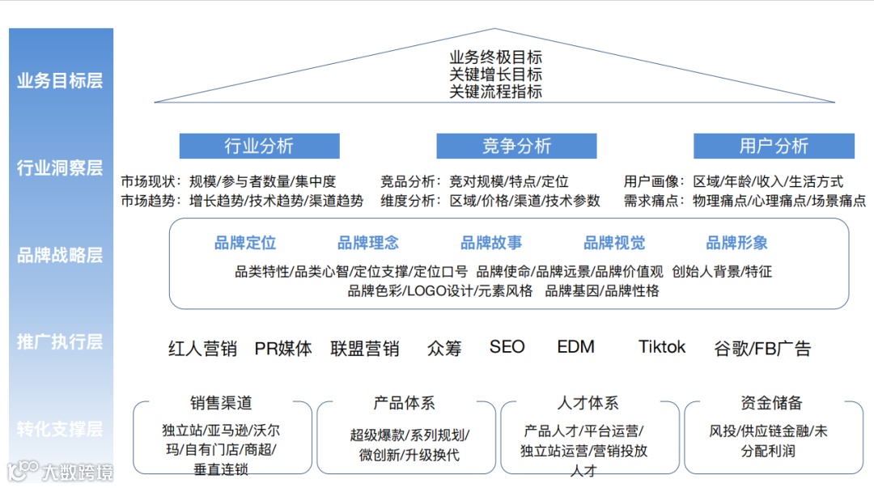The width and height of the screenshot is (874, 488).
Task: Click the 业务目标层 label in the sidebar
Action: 60,81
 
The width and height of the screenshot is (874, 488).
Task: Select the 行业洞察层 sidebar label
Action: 60,168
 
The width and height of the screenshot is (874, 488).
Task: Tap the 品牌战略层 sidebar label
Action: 60,256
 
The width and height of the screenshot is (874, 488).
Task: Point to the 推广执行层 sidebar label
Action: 60,342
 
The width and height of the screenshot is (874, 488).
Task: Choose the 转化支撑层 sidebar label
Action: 60,429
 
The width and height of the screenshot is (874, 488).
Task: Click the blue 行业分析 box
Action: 259,146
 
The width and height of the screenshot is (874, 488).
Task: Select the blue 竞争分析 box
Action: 516,146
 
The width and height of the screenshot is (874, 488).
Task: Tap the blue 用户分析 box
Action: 774,146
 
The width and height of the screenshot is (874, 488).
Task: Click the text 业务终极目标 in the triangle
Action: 496,58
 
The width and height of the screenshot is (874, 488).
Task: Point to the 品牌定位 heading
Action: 245,243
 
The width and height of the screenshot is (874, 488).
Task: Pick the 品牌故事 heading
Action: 491,243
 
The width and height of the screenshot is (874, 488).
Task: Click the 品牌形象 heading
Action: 737,243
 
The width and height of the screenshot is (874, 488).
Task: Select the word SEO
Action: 507,347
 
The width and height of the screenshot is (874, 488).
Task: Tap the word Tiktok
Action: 662,347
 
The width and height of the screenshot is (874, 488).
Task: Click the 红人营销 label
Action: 202,349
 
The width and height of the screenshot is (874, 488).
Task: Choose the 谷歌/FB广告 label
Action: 762,349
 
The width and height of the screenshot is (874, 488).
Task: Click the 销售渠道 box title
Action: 221,402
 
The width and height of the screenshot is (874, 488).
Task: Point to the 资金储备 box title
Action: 771,402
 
